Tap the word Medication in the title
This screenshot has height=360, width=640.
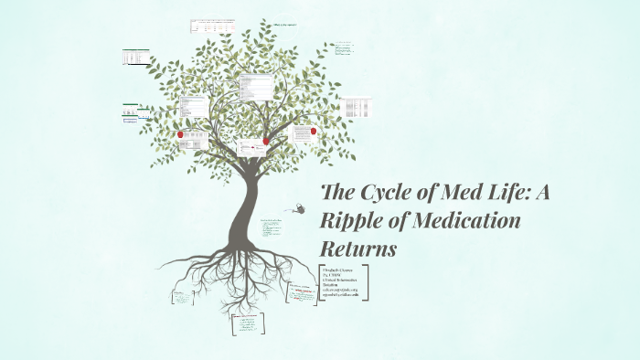click(468, 221)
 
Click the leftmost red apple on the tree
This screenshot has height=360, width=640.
click(181, 135)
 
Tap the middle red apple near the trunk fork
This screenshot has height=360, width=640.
click(266, 141)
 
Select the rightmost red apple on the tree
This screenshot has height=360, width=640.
click(314, 131)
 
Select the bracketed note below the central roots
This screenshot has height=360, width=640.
click(247, 323)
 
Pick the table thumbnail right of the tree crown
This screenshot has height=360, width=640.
click(357, 108)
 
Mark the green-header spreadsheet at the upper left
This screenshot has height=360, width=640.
click(137, 58)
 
